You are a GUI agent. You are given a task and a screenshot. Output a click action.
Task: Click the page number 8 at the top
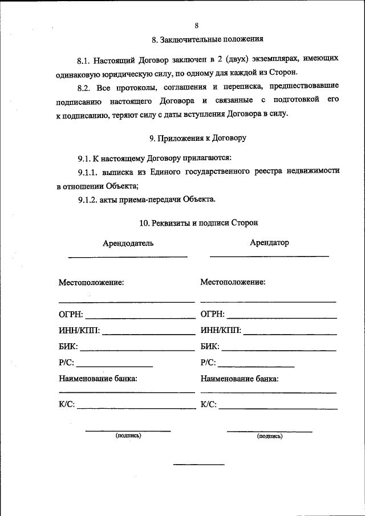click(196, 26)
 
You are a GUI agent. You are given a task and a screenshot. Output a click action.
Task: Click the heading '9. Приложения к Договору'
click(197, 138)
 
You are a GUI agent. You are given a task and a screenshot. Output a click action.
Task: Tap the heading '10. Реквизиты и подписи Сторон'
click(198, 222)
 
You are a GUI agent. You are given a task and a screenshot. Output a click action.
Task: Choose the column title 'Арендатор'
click(269, 243)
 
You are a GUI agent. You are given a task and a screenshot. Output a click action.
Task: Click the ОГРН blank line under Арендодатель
click(140, 318)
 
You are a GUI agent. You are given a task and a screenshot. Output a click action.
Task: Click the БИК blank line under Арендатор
click(279, 350)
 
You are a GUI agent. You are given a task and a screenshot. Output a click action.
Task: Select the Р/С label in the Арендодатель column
click(66, 363)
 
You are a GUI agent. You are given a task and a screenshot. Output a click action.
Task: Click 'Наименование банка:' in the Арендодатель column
click(98, 378)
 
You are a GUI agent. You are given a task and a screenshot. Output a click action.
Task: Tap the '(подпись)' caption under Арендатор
click(270, 436)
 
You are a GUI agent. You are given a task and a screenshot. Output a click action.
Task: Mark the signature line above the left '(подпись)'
click(128, 431)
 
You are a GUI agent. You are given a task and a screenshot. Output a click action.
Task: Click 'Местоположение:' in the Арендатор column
click(233, 282)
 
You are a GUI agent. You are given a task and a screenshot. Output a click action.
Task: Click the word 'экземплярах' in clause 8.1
click(271, 59)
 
